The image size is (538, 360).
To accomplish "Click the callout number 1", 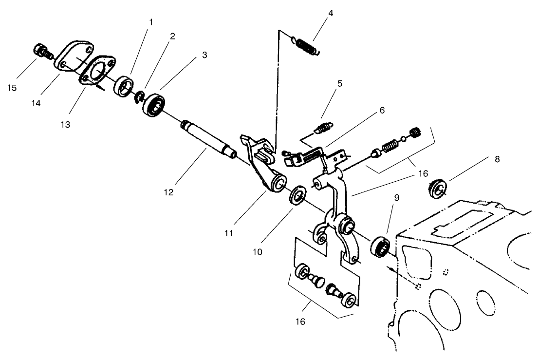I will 151,22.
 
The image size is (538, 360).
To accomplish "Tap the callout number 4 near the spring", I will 331,13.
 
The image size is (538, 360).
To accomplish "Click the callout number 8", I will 470,159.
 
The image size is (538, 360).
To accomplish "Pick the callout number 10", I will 257,252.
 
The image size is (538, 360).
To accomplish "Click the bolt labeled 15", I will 41,50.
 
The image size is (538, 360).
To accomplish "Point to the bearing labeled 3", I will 154,104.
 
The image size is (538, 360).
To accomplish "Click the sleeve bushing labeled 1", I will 124,86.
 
